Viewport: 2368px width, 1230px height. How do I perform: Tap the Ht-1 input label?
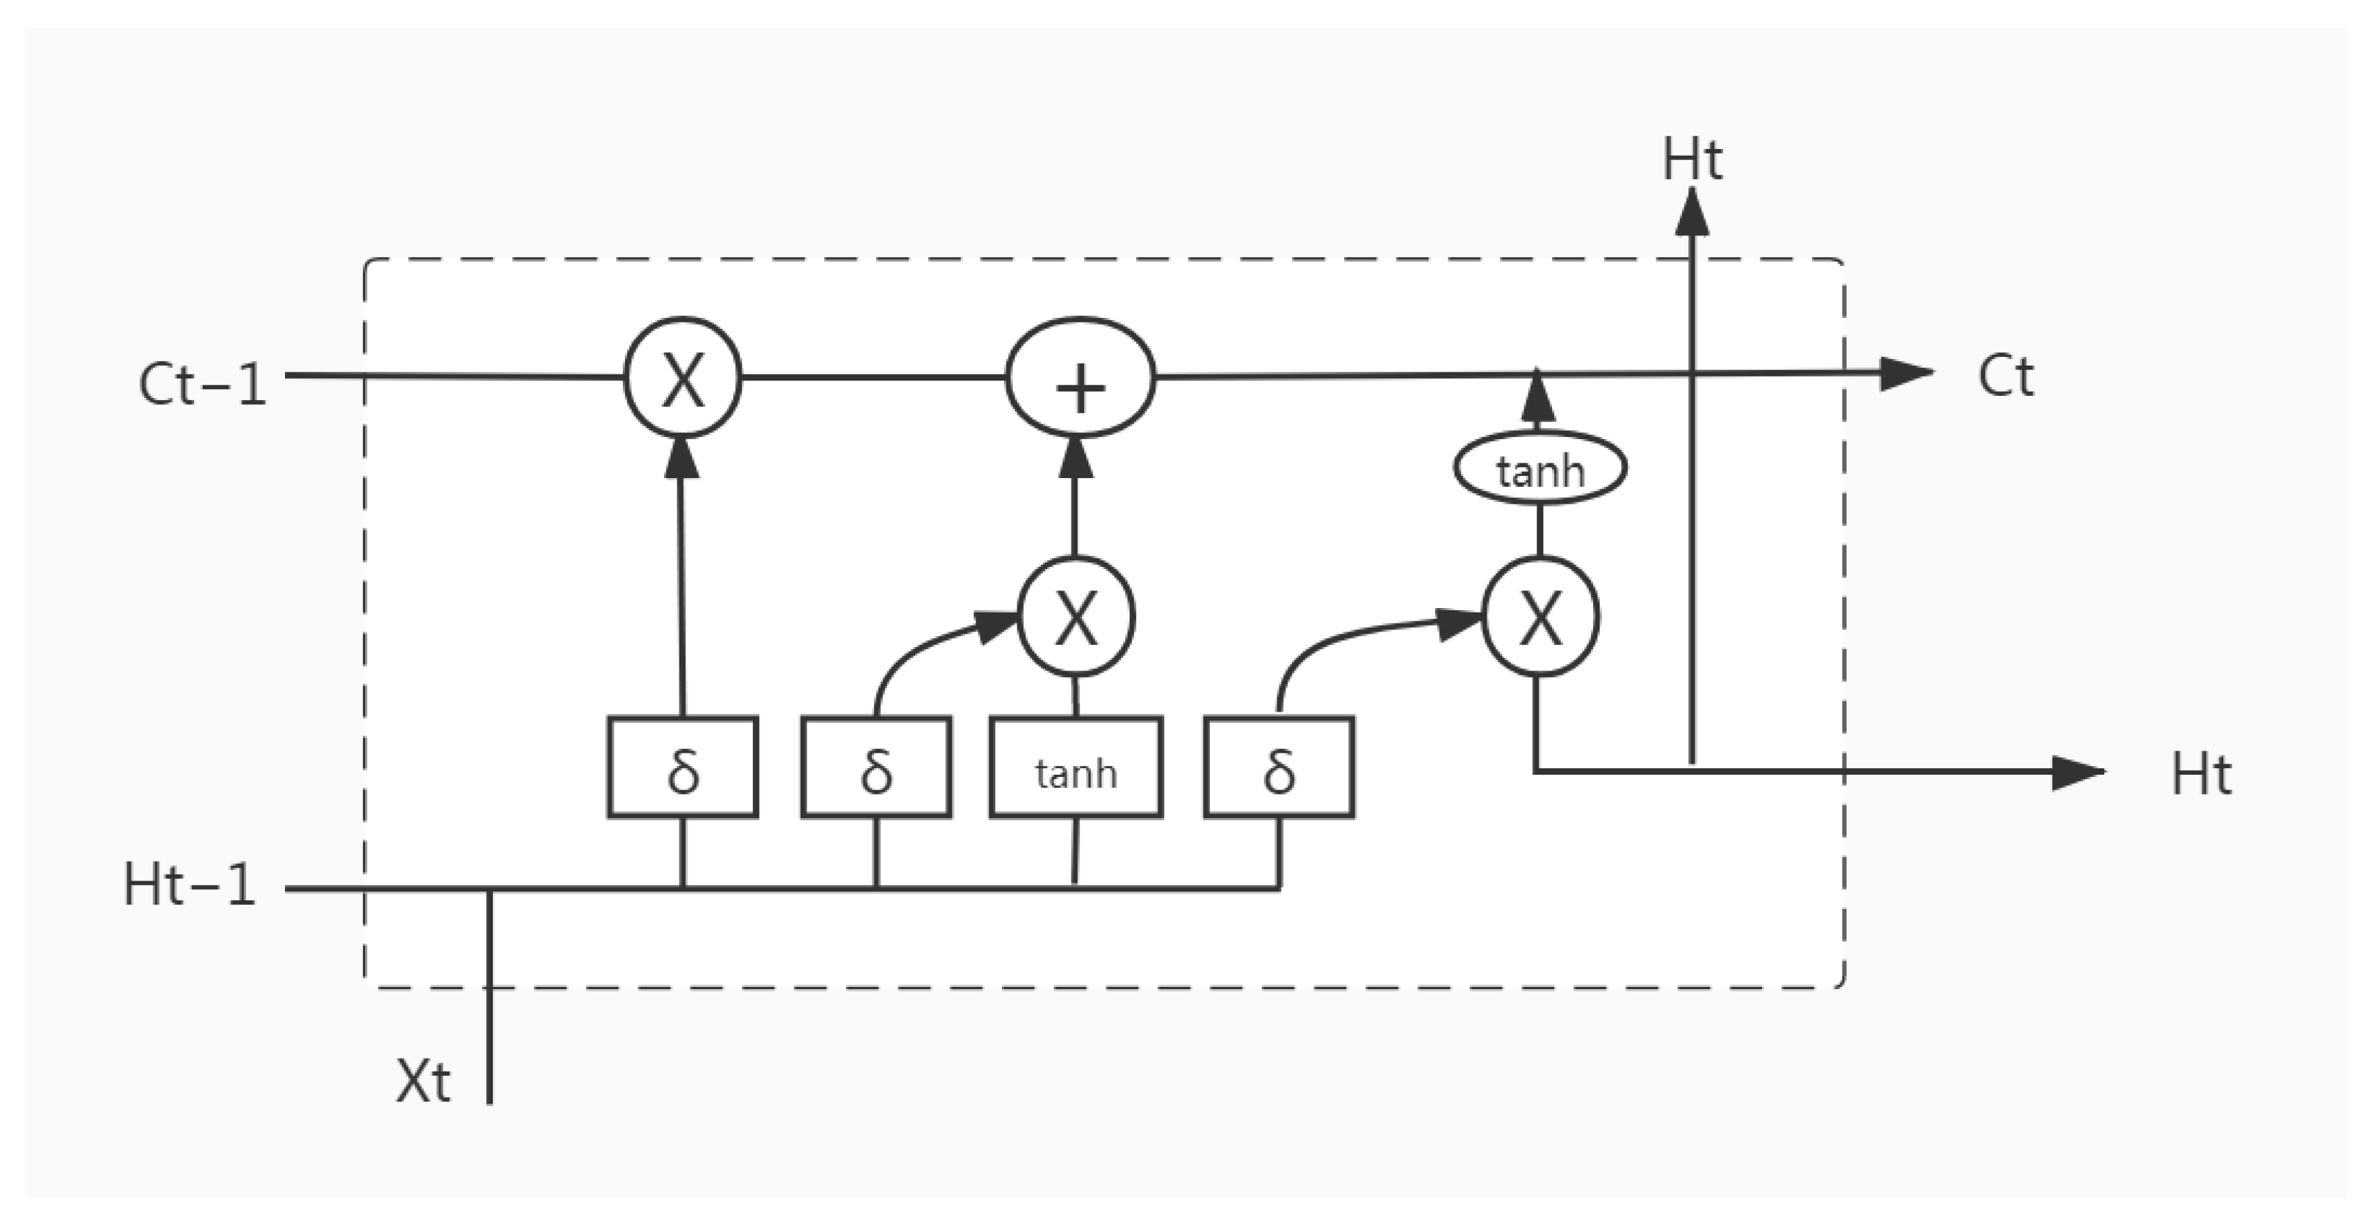pyautogui.click(x=189, y=886)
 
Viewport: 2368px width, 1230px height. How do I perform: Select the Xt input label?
pyautogui.click(x=423, y=1080)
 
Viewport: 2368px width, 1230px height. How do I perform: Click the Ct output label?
pyautogui.click(x=2006, y=376)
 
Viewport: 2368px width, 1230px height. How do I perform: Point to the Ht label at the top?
pyautogui.click(x=1692, y=160)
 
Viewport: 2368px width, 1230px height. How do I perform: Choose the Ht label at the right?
pyautogui.click(x=2201, y=774)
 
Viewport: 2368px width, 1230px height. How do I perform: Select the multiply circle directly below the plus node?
pyautogui.click(x=1077, y=617)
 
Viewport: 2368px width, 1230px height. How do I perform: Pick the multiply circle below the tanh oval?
pyautogui.click(x=1541, y=617)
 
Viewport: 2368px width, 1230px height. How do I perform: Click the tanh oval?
pyautogui.click(x=1539, y=468)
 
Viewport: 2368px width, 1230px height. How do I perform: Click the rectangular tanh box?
pyautogui.click(x=1075, y=767)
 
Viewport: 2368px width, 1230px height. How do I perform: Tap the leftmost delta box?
pyautogui.click(x=682, y=767)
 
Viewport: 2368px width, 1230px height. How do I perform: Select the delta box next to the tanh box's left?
pyautogui.click(x=876, y=767)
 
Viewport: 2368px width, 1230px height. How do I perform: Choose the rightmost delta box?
pyautogui.click(x=1279, y=767)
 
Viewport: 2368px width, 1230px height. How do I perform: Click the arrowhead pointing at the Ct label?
pyautogui.click(x=1905, y=373)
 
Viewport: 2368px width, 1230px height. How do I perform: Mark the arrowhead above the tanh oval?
pyautogui.click(x=1538, y=397)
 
